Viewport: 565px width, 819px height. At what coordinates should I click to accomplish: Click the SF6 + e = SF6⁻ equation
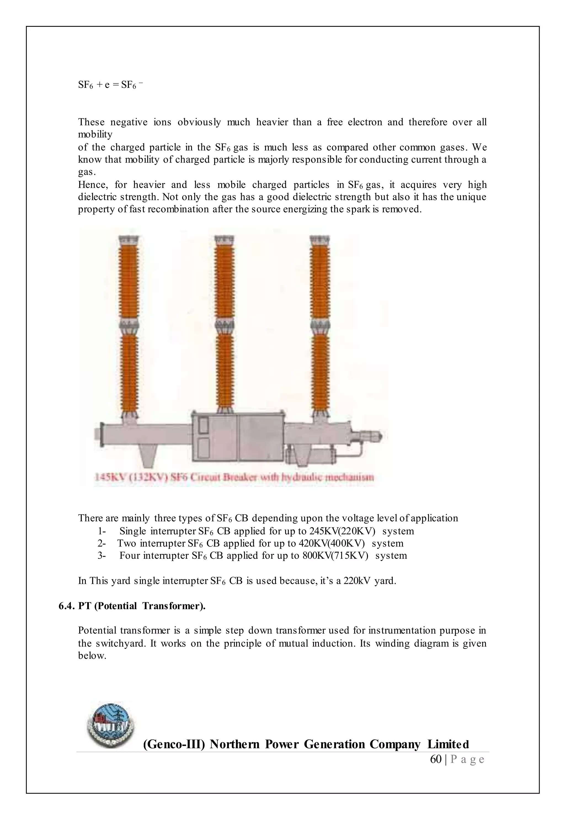coord(110,85)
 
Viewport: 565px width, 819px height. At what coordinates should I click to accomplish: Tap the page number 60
coord(436,759)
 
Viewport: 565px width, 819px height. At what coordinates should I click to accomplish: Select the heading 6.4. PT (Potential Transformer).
coord(132,606)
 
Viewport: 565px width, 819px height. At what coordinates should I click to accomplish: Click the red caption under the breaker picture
coord(234,477)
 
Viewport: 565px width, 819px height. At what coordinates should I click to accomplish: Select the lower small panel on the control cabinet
coord(204,447)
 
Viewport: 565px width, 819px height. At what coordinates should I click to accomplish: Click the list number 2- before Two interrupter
coord(102,543)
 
